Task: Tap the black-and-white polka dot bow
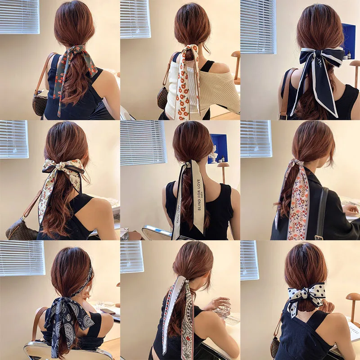(306, 295)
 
